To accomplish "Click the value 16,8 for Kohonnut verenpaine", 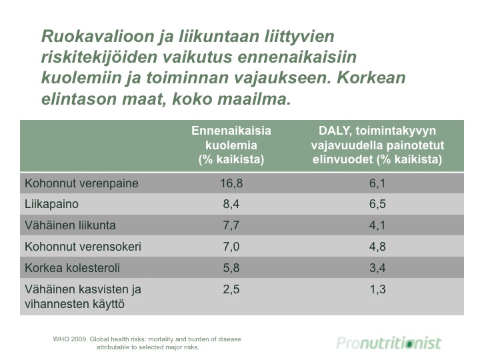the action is pos(231,183).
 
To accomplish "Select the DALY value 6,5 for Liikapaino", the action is pos(377,204).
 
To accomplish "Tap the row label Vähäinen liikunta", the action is pos(70,225).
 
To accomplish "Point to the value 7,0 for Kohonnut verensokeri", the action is pos(231,247).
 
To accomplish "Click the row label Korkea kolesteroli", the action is pos(72,268).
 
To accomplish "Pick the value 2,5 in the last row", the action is pos(231,289).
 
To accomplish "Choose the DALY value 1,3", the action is pos(377,289).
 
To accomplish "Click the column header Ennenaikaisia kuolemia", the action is pos(231,138).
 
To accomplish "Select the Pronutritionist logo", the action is pos(389,343).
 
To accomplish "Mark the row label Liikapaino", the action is pos(51,204).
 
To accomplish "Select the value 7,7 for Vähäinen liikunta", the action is pos(231,225).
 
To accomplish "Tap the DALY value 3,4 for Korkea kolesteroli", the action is pos(377,268).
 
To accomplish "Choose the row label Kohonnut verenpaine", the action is pos(81,183).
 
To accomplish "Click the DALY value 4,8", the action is pos(377,247).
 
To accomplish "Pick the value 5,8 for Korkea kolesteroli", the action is pos(231,268).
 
